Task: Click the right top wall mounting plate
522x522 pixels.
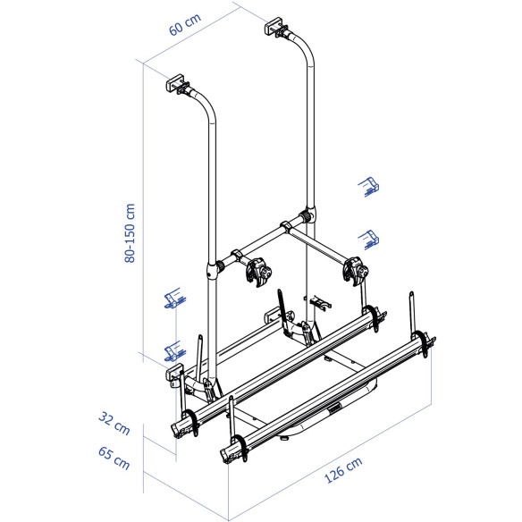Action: tap(274, 28)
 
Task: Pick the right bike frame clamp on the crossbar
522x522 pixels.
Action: tap(356, 266)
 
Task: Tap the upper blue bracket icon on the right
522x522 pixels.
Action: tap(369, 185)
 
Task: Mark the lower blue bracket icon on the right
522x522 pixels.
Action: tap(368, 238)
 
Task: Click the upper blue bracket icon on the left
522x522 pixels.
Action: tap(173, 299)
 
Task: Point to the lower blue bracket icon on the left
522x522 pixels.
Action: tap(173, 352)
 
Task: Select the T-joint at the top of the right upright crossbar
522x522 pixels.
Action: tap(308, 217)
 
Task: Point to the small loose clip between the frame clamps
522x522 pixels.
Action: tap(319, 301)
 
